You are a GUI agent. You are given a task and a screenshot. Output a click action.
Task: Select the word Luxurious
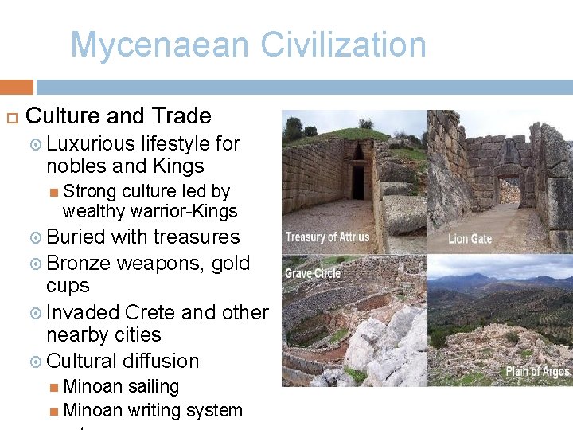91,144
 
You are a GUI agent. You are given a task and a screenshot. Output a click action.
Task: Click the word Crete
149,312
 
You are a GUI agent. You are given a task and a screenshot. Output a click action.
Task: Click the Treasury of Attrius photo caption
326,237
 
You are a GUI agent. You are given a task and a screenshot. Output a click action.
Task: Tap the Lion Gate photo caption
469,238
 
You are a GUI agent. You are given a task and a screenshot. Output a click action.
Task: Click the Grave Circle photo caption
313,273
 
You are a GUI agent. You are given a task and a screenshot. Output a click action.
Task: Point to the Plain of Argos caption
538,371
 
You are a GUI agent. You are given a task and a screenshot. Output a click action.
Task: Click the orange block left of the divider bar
17,87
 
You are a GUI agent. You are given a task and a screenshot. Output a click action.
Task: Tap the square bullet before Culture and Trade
11,117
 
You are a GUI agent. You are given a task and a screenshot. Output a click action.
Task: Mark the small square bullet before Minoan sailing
53,388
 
